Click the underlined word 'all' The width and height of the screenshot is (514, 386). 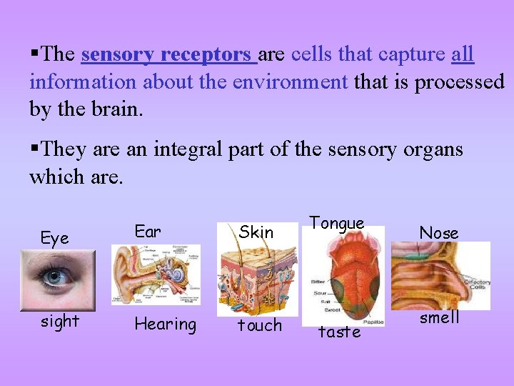[x=463, y=55]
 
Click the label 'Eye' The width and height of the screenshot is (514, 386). [x=55, y=238]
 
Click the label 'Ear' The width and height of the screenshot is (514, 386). [x=148, y=231]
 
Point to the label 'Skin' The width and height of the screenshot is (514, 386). [x=256, y=232]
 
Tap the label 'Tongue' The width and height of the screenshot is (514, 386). [x=337, y=223]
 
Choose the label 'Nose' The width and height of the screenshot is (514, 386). [x=438, y=232]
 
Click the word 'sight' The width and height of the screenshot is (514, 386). [x=59, y=321]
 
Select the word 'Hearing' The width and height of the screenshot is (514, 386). [x=165, y=324]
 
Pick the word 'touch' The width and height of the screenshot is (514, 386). [x=259, y=325]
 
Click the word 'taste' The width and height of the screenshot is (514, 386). [x=339, y=332]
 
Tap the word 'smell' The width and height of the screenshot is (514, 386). [x=439, y=317]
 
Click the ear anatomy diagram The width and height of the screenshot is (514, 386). [x=156, y=274]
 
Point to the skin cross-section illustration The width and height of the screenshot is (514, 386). [x=258, y=276]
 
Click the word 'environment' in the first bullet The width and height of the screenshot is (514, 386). [x=290, y=82]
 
